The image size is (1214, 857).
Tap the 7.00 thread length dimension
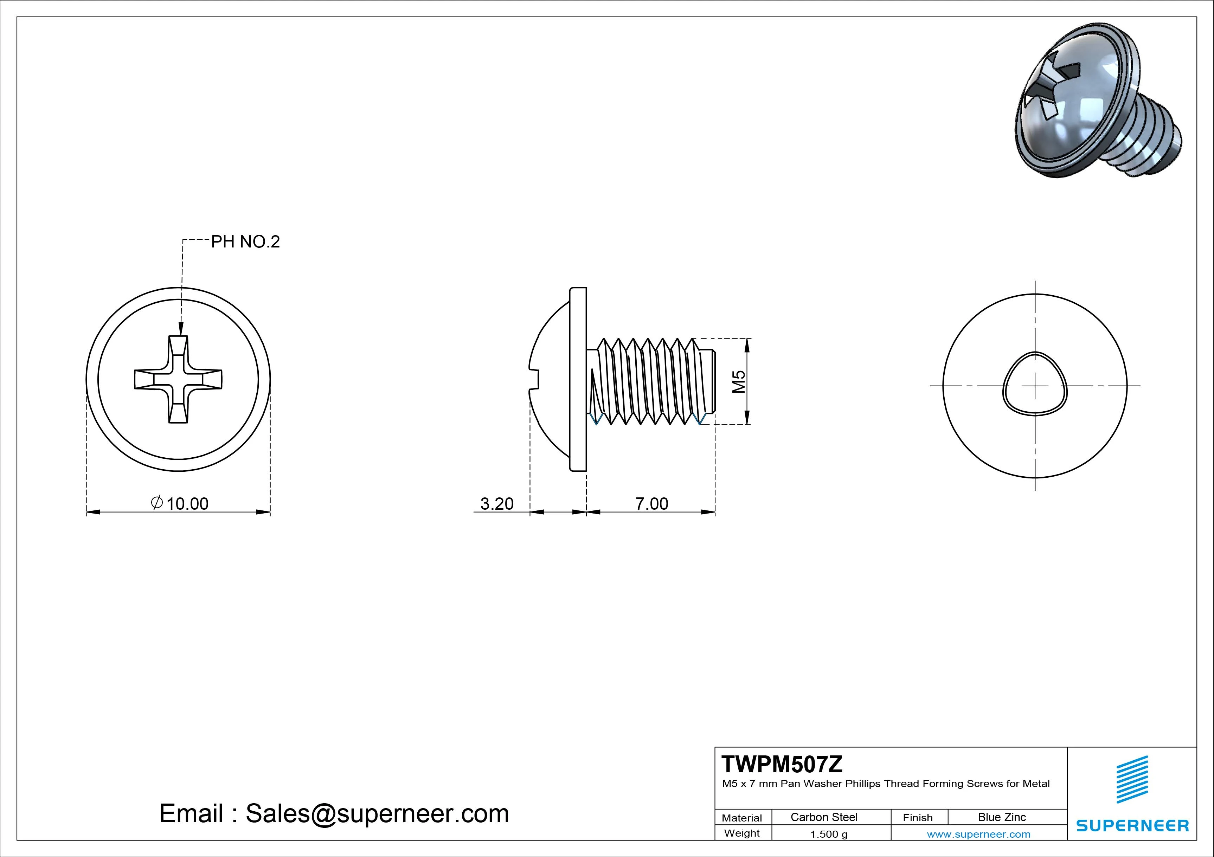pos(651,503)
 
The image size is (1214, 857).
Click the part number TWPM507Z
pos(782,764)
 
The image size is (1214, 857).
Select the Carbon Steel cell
pos(824,817)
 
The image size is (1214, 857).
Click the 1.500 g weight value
pos(829,834)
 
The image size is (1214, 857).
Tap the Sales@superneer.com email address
pos(377,813)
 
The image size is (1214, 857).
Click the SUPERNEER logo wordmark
pos(1132,825)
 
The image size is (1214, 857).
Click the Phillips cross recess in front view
pos(178,379)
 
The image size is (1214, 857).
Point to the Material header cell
pos(742,818)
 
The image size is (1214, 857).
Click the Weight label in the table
pos(742,833)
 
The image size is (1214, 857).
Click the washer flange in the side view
pos(578,379)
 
